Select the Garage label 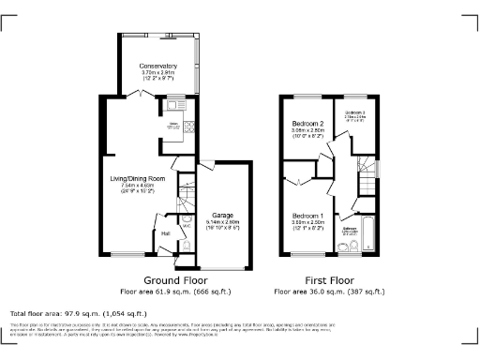pos(222,214)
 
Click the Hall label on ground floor pos(165,233)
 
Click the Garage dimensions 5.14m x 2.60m pos(222,221)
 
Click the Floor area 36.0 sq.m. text pos(334,292)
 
